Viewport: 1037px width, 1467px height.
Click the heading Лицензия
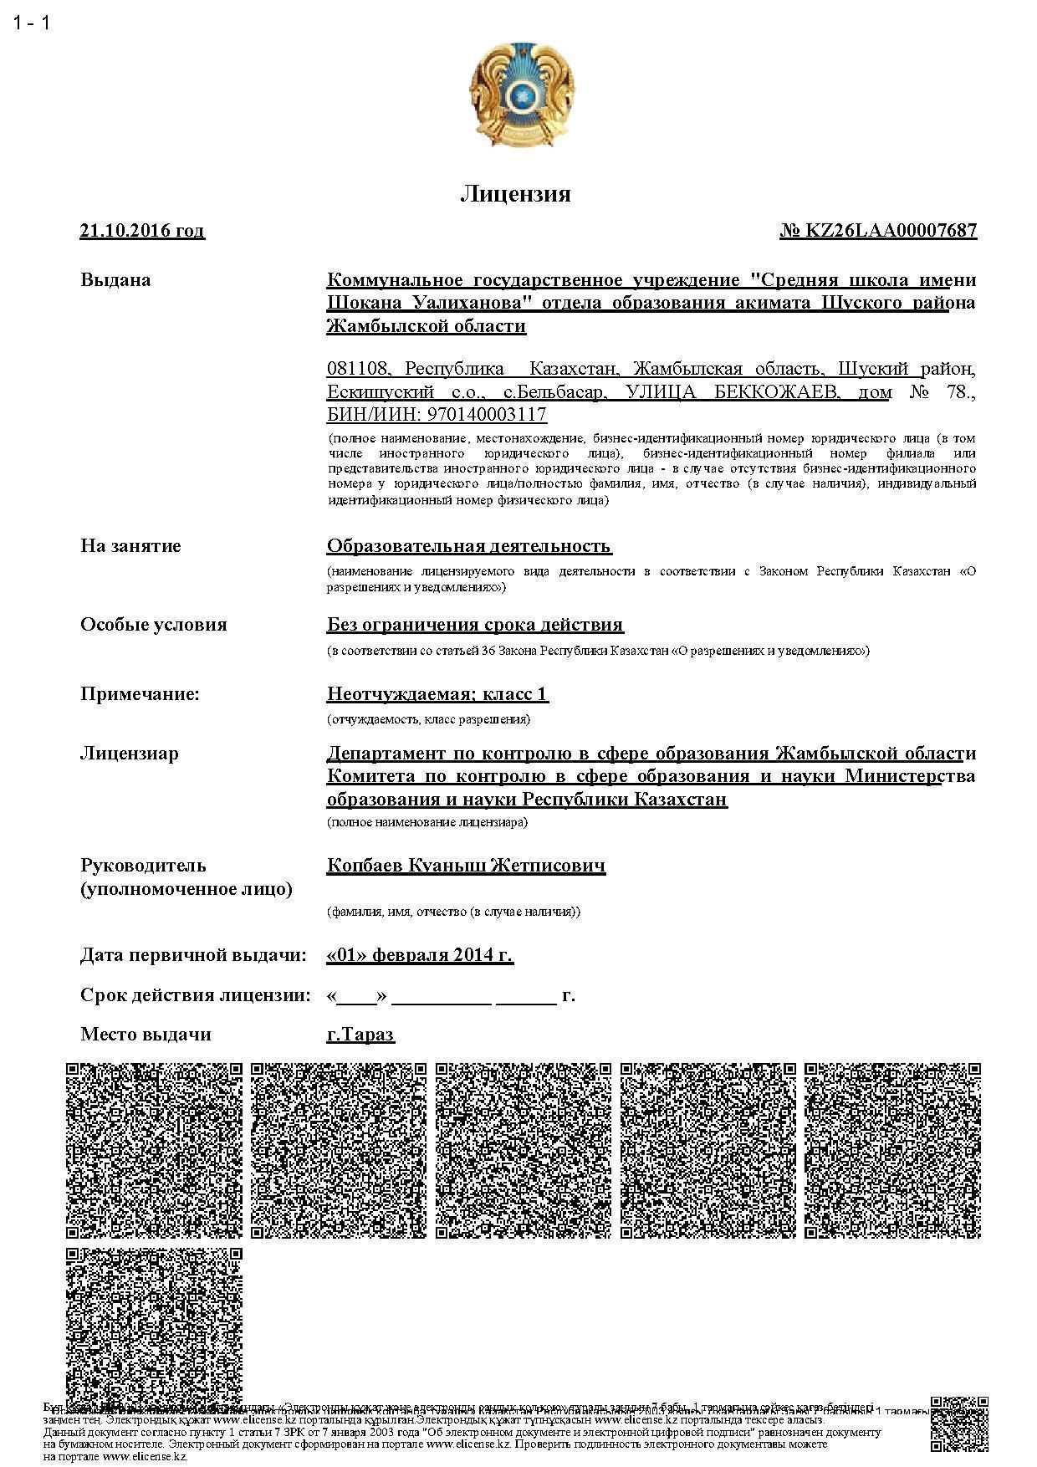(515, 194)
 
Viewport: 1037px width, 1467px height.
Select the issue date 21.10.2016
(141, 231)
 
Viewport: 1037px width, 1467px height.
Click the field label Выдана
(115, 279)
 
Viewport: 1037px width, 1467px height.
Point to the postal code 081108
(358, 369)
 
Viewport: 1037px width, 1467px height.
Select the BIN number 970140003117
(487, 415)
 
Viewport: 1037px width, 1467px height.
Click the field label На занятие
(130, 546)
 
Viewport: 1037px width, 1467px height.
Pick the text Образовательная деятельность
(468, 546)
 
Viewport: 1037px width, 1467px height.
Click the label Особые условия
(153, 625)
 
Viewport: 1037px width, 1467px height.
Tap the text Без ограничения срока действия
(474, 625)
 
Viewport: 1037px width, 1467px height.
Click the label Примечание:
(140, 693)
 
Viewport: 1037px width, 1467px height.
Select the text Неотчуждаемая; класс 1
(437, 693)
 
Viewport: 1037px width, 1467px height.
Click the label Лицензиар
(129, 754)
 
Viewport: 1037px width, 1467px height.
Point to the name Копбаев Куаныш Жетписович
(466, 866)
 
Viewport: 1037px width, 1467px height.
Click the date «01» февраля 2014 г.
(419, 955)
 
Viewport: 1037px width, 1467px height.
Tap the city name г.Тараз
(360, 1035)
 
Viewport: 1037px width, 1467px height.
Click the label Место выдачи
(146, 1035)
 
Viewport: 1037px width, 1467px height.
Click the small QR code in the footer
(958, 1424)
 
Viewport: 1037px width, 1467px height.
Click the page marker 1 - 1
(32, 23)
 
